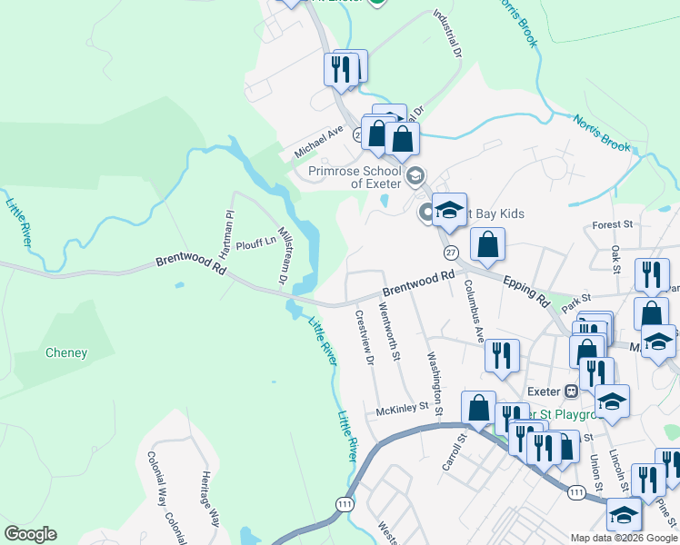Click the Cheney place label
pos(66,352)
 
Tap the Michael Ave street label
pos(318,144)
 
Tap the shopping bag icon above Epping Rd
pos(488,243)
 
